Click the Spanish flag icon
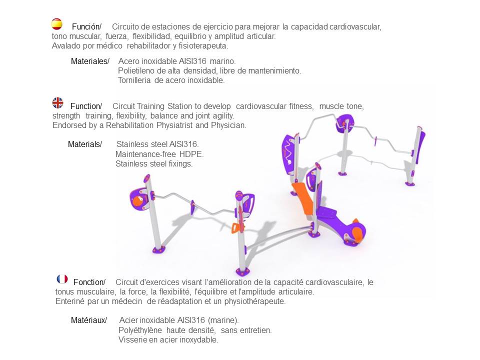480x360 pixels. (x=57, y=24)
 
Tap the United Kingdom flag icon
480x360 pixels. (x=57, y=103)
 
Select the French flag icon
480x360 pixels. (x=62, y=279)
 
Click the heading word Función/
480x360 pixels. (x=86, y=26)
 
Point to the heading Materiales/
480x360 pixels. (x=90, y=61)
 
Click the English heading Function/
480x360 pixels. (x=86, y=106)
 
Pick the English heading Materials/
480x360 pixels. (x=85, y=144)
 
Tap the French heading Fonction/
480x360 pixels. (x=89, y=282)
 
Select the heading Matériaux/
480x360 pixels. (x=89, y=320)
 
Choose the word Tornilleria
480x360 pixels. (x=134, y=80)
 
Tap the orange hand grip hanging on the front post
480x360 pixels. (x=236, y=228)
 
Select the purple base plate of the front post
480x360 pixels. (x=243, y=271)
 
